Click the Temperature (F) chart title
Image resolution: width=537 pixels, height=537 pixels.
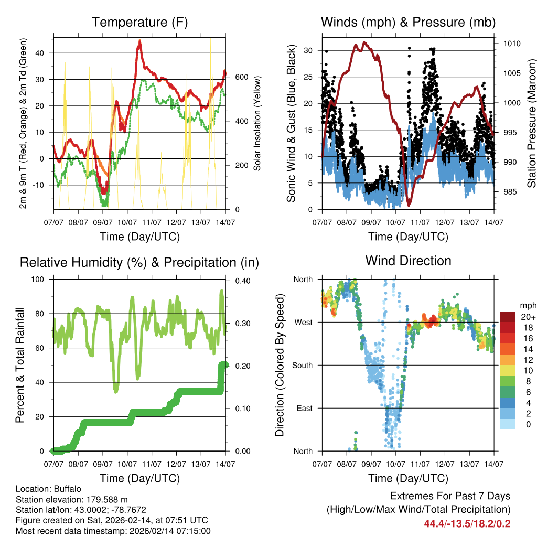point(139,22)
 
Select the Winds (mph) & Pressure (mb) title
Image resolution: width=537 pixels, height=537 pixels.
point(408,22)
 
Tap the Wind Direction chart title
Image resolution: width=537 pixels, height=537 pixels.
point(408,260)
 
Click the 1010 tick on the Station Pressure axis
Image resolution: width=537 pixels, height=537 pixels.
point(511,44)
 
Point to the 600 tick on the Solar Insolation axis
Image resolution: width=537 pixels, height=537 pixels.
point(241,77)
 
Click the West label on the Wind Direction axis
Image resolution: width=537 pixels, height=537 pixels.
point(303,322)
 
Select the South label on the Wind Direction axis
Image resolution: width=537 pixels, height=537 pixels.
point(302,365)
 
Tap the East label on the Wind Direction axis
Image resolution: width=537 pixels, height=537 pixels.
point(304,408)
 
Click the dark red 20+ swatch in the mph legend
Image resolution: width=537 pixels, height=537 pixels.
point(508,317)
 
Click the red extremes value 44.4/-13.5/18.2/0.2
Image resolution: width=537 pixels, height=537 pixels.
point(467,523)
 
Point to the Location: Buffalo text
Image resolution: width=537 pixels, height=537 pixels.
point(49,489)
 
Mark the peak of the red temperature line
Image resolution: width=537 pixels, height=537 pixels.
point(139,40)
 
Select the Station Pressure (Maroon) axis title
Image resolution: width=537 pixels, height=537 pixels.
point(531,123)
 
